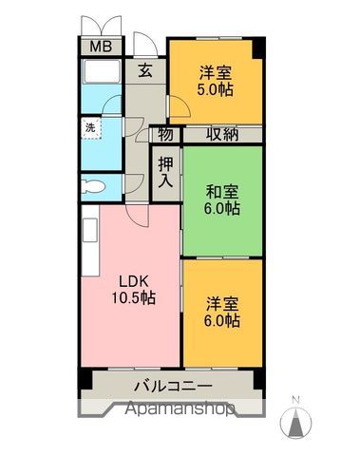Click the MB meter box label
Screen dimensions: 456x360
click(x=99, y=47)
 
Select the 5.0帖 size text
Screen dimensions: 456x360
click(x=215, y=90)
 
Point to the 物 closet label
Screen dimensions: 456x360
click(x=165, y=135)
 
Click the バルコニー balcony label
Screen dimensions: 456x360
click(x=172, y=386)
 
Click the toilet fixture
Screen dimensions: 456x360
click(x=95, y=186)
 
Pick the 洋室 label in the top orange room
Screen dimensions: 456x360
click(x=215, y=71)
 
